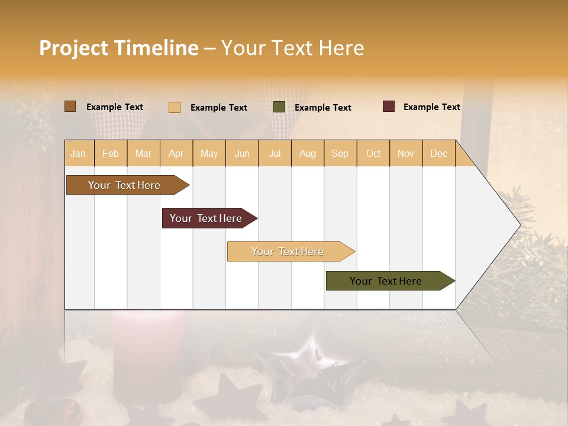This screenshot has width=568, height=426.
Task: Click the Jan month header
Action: pos(78,153)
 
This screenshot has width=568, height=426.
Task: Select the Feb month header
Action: pos(111,153)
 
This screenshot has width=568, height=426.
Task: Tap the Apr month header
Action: pos(176,153)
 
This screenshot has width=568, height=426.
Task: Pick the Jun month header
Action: pos(242,153)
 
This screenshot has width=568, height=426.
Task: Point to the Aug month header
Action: pos(307,153)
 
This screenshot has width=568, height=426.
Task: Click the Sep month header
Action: pos(340,153)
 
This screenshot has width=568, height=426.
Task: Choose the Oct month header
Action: pos(373,153)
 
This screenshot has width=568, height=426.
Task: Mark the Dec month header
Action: pos(438,153)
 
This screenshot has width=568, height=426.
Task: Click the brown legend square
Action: pos(70,106)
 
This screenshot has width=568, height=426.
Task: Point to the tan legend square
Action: pos(175,107)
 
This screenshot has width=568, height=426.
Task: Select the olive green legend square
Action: pos(279,107)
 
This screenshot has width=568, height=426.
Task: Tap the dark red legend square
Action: pos(388,106)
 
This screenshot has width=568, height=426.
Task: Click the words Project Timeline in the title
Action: pos(118,48)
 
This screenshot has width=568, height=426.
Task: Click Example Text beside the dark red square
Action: pos(431,107)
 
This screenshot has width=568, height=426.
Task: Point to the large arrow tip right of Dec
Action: pos(497,225)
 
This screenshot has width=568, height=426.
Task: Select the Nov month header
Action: pos(405,153)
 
